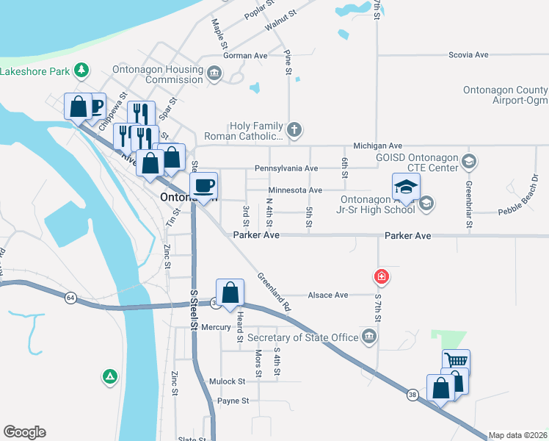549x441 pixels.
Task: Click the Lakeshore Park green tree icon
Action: pyautogui.click(x=82, y=71)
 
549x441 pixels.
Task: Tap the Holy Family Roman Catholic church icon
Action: pyautogui.click(x=294, y=131)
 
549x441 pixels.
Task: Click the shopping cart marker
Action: pyautogui.click(x=456, y=361)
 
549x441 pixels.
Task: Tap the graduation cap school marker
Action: pyautogui.click(x=406, y=186)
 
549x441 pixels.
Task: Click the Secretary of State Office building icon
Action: pyautogui.click(x=369, y=337)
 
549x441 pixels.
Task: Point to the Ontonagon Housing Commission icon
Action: pyautogui.click(x=214, y=73)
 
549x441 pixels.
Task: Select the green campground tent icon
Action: pyautogui.click(x=109, y=376)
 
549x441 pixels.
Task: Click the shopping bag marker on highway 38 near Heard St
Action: pyautogui.click(x=230, y=292)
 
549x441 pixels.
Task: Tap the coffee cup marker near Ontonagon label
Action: pyautogui.click(x=204, y=184)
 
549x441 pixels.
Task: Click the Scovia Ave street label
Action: pyautogui.click(x=468, y=55)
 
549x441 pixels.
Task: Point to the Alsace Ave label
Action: pyautogui.click(x=327, y=295)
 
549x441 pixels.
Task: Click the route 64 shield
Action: pyautogui.click(x=70, y=298)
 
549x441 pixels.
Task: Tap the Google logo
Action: pyautogui.click(x=24, y=432)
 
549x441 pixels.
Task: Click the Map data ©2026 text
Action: pyautogui.click(x=517, y=435)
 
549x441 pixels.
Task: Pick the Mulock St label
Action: pyautogui.click(x=226, y=381)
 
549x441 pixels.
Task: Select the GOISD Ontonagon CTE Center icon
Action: pyautogui.click(x=469, y=160)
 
